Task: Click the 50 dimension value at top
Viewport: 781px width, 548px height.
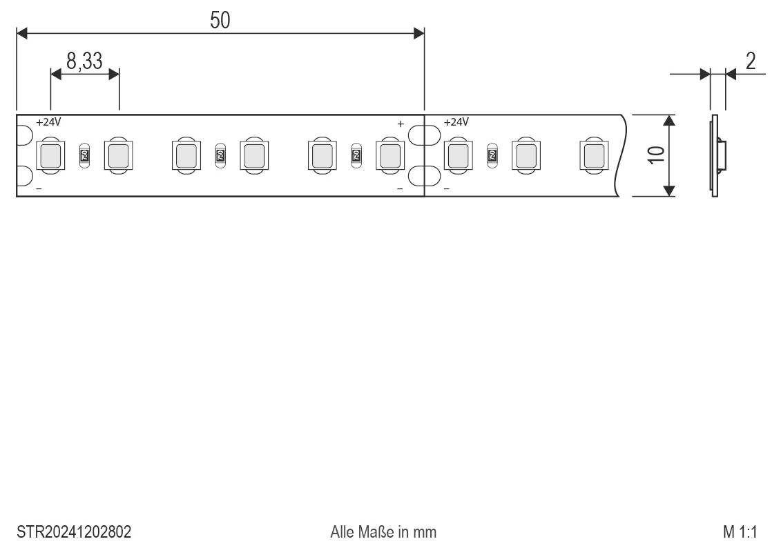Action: [x=220, y=21]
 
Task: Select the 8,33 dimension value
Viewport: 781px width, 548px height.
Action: [x=84, y=61]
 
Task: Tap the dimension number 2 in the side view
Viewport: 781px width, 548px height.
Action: [x=751, y=61]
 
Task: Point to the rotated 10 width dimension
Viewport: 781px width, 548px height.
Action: [x=657, y=155]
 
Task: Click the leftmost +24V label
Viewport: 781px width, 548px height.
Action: [x=48, y=122]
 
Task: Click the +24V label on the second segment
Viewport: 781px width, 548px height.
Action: [x=456, y=122]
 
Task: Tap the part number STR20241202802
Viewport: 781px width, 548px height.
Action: [x=74, y=532]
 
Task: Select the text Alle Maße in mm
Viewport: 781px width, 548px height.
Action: [x=383, y=532]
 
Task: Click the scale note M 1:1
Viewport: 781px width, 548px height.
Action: [x=740, y=532]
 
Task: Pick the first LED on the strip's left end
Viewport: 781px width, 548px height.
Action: [x=50, y=155]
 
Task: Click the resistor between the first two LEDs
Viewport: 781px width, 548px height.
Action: [x=84, y=155]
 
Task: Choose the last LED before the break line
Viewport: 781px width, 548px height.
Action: [x=593, y=155]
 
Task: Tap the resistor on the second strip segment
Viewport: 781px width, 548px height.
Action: [x=492, y=155]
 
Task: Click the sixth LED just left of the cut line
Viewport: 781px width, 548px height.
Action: [x=390, y=155]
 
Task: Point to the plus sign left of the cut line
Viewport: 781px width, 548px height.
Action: [x=401, y=124]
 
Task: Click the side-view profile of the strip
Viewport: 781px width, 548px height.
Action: [x=716, y=155]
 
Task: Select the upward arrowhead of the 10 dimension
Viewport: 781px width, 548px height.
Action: [x=668, y=121]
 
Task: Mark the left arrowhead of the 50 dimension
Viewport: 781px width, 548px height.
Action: [x=22, y=33]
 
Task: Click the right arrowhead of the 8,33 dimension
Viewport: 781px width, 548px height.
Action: [x=115, y=74]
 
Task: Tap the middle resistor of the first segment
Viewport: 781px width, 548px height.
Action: [x=220, y=155]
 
